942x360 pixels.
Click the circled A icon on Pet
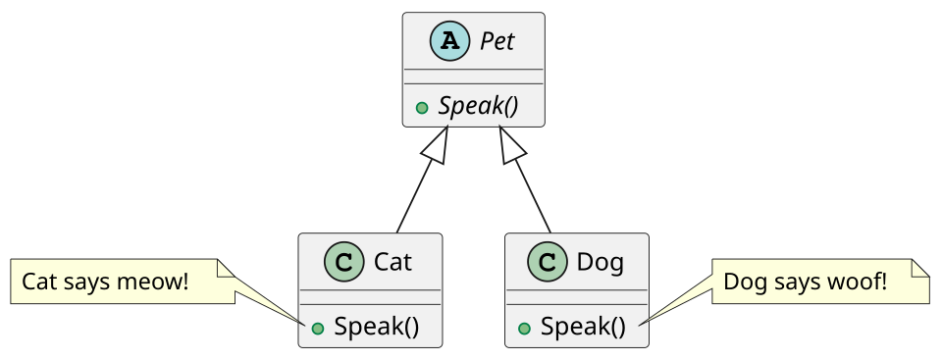click(449, 41)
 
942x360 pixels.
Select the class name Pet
click(497, 41)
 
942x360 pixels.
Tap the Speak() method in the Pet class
click(478, 106)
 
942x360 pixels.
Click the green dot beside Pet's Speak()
click(422, 108)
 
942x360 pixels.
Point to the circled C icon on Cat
click(344, 262)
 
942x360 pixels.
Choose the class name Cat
click(392, 262)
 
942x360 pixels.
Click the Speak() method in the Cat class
click(376, 327)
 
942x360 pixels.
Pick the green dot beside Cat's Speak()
click(318, 329)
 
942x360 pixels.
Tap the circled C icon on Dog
click(547, 262)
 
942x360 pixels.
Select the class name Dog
click(601, 263)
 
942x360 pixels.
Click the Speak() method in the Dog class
click(583, 327)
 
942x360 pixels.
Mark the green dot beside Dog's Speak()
click(524, 329)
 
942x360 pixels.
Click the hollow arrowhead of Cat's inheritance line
click(438, 145)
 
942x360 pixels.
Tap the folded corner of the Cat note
click(226, 268)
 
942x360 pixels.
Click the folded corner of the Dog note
click(920, 268)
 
